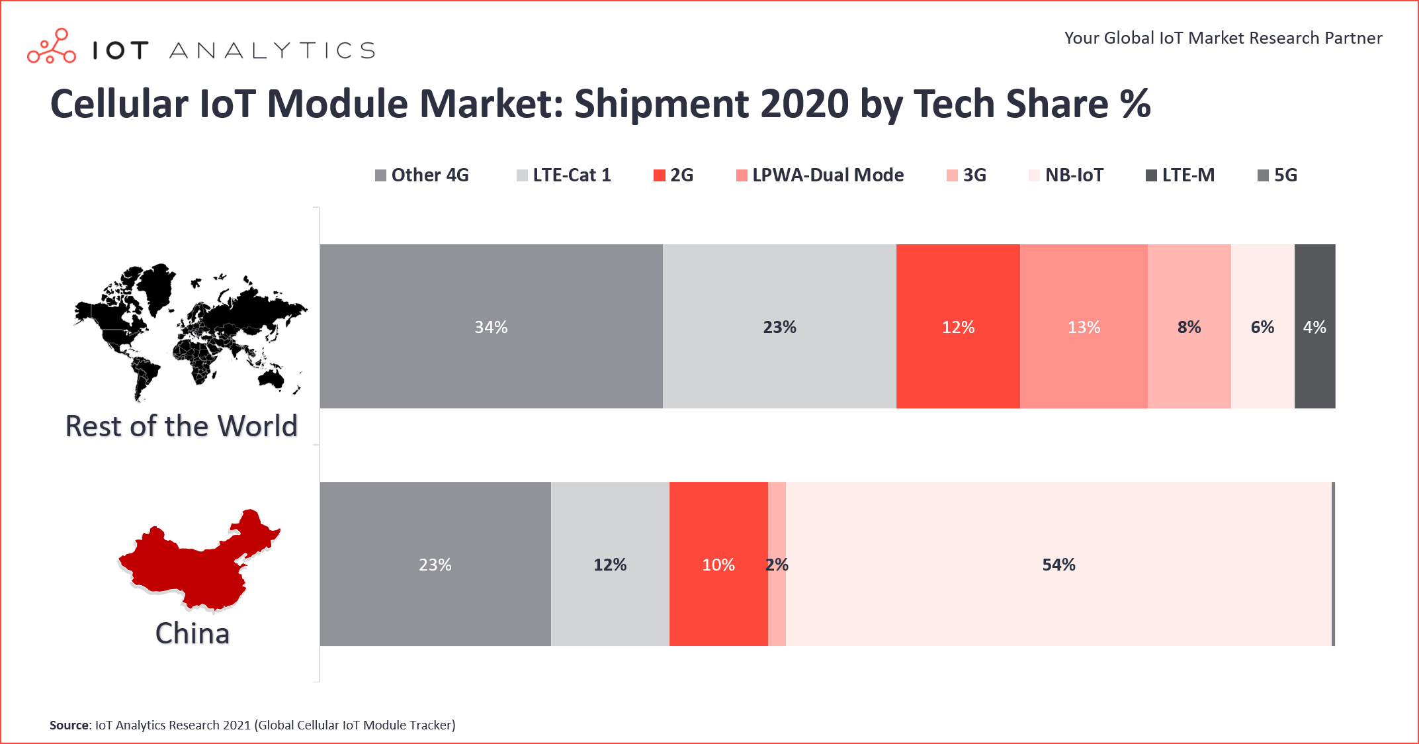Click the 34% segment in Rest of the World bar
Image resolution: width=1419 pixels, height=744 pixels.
(491, 326)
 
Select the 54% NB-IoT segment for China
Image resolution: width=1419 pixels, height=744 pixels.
(1058, 564)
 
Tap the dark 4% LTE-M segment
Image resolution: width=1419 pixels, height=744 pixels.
(1314, 326)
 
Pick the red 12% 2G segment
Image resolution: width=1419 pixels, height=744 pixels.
(958, 326)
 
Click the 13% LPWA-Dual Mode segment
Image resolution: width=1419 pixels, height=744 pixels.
(1084, 326)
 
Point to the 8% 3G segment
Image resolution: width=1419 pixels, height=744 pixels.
(1189, 326)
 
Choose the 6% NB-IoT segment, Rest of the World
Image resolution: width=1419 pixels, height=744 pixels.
(1262, 326)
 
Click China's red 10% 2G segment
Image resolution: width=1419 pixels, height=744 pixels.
(718, 564)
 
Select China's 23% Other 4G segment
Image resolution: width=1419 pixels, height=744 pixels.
(435, 564)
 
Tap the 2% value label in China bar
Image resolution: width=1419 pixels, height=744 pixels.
(777, 565)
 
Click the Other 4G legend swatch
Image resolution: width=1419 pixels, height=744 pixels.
(380, 175)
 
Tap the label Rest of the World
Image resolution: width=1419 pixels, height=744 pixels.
(181, 426)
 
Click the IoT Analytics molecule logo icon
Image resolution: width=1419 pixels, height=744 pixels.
(52, 46)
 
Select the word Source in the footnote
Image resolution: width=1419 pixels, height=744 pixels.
(69, 725)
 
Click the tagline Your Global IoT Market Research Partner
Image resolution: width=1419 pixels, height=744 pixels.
(1223, 38)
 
